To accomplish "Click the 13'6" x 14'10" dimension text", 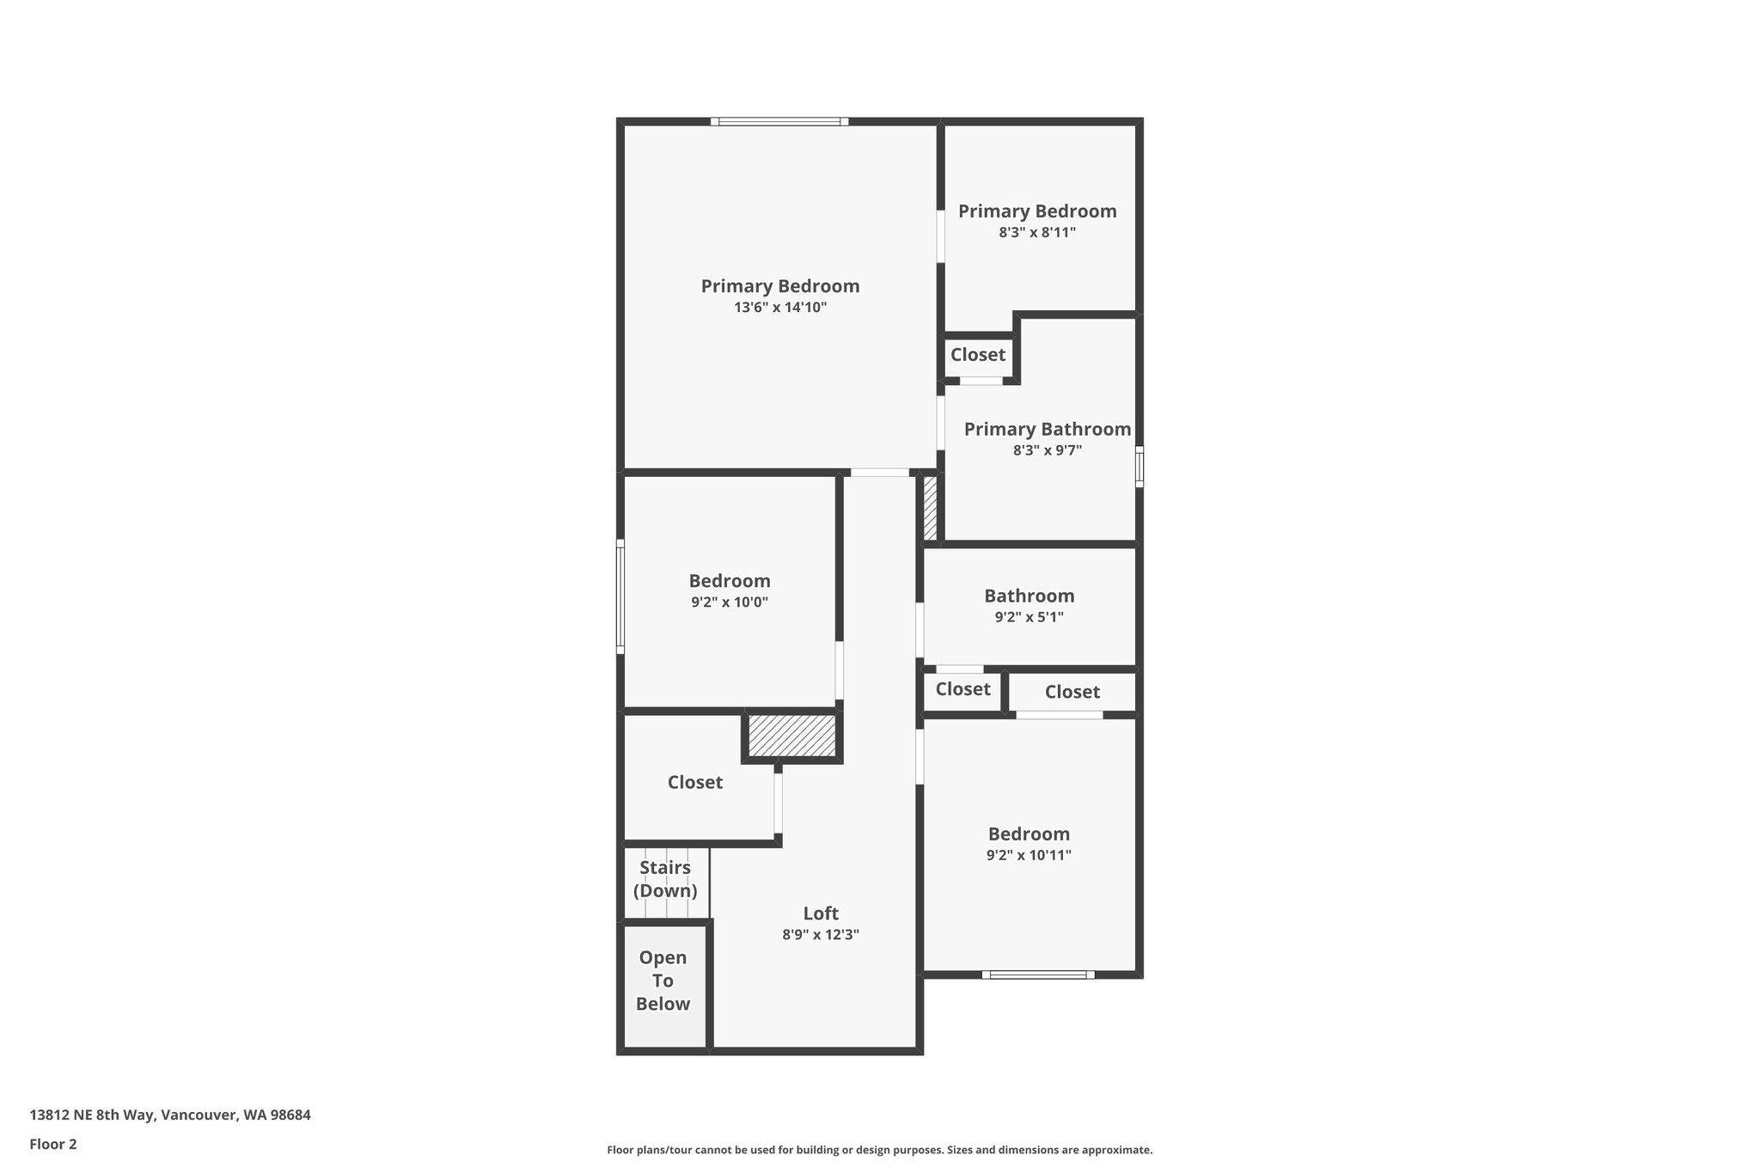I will (x=779, y=308).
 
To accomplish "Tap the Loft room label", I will (x=821, y=913).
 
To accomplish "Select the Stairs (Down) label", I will (x=665, y=879).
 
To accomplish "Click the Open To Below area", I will (x=663, y=981).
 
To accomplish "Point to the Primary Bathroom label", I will (x=1047, y=429).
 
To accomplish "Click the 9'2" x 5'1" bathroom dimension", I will (x=1029, y=617).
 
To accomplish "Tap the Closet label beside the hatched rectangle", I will (x=694, y=782).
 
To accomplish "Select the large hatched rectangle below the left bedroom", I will (x=791, y=736).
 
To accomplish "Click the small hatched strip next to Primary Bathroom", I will (x=930, y=507).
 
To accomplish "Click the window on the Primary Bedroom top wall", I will (x=779, y=122).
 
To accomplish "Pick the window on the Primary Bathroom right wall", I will (x=1140, y=467).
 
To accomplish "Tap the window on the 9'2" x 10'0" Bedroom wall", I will (x=620, y=596).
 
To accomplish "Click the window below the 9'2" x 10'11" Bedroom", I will (x=1038, y=974).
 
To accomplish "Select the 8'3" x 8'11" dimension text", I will (x=1037, y=232).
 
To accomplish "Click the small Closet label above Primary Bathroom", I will (x=977, y=355).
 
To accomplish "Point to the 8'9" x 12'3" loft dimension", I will (x=821, y=935).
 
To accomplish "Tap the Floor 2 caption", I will (x=53, y=1144).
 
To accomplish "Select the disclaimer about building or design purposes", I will (x=879, y=1150).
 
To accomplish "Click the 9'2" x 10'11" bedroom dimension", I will (x=1029, y=855).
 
